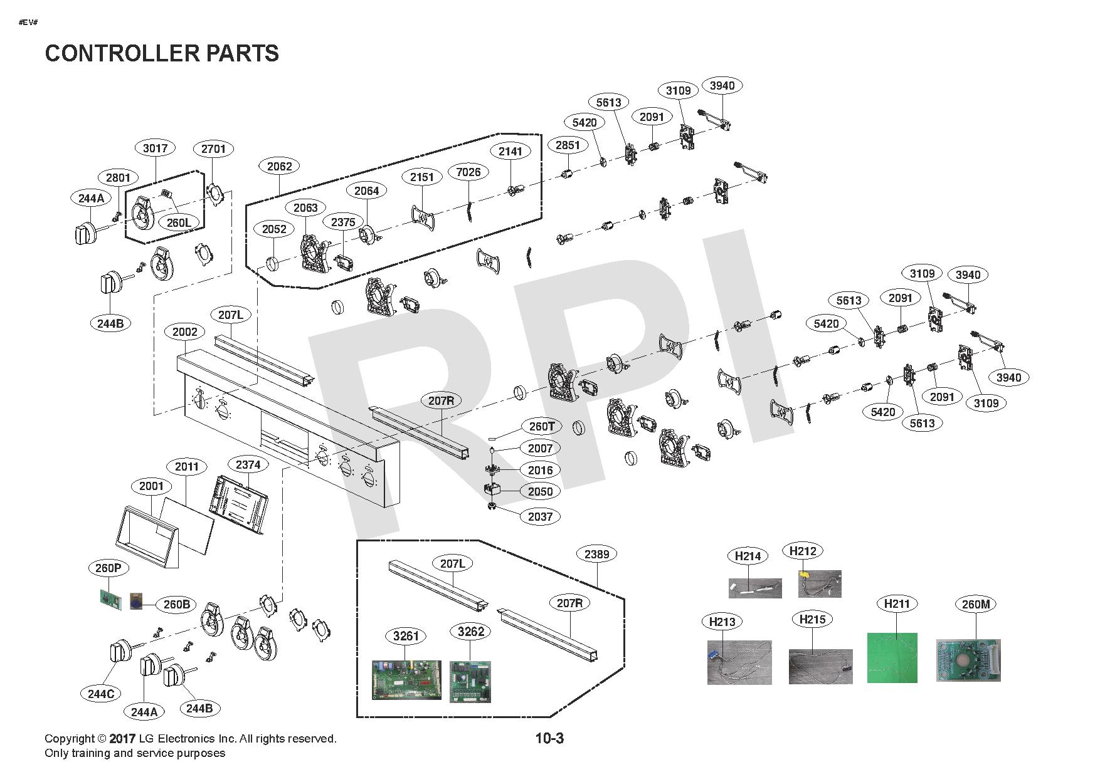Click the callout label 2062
[279, 166]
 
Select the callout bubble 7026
[468, 172]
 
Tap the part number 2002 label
[184, 332]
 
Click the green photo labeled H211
[892, 657]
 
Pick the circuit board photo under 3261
[406, 681]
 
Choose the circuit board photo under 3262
[470, 682]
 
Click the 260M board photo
[968, 660]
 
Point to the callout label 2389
[596, 554]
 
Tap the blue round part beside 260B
[136, 602]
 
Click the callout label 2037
[540, 516]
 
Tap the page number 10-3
[549, 738]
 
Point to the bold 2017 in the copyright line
[122, 739]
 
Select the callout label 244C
[101, 694]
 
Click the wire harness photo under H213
[739, 662]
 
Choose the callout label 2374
[248, 464]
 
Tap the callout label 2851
[568, 145]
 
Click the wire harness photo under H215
[821, 666]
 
